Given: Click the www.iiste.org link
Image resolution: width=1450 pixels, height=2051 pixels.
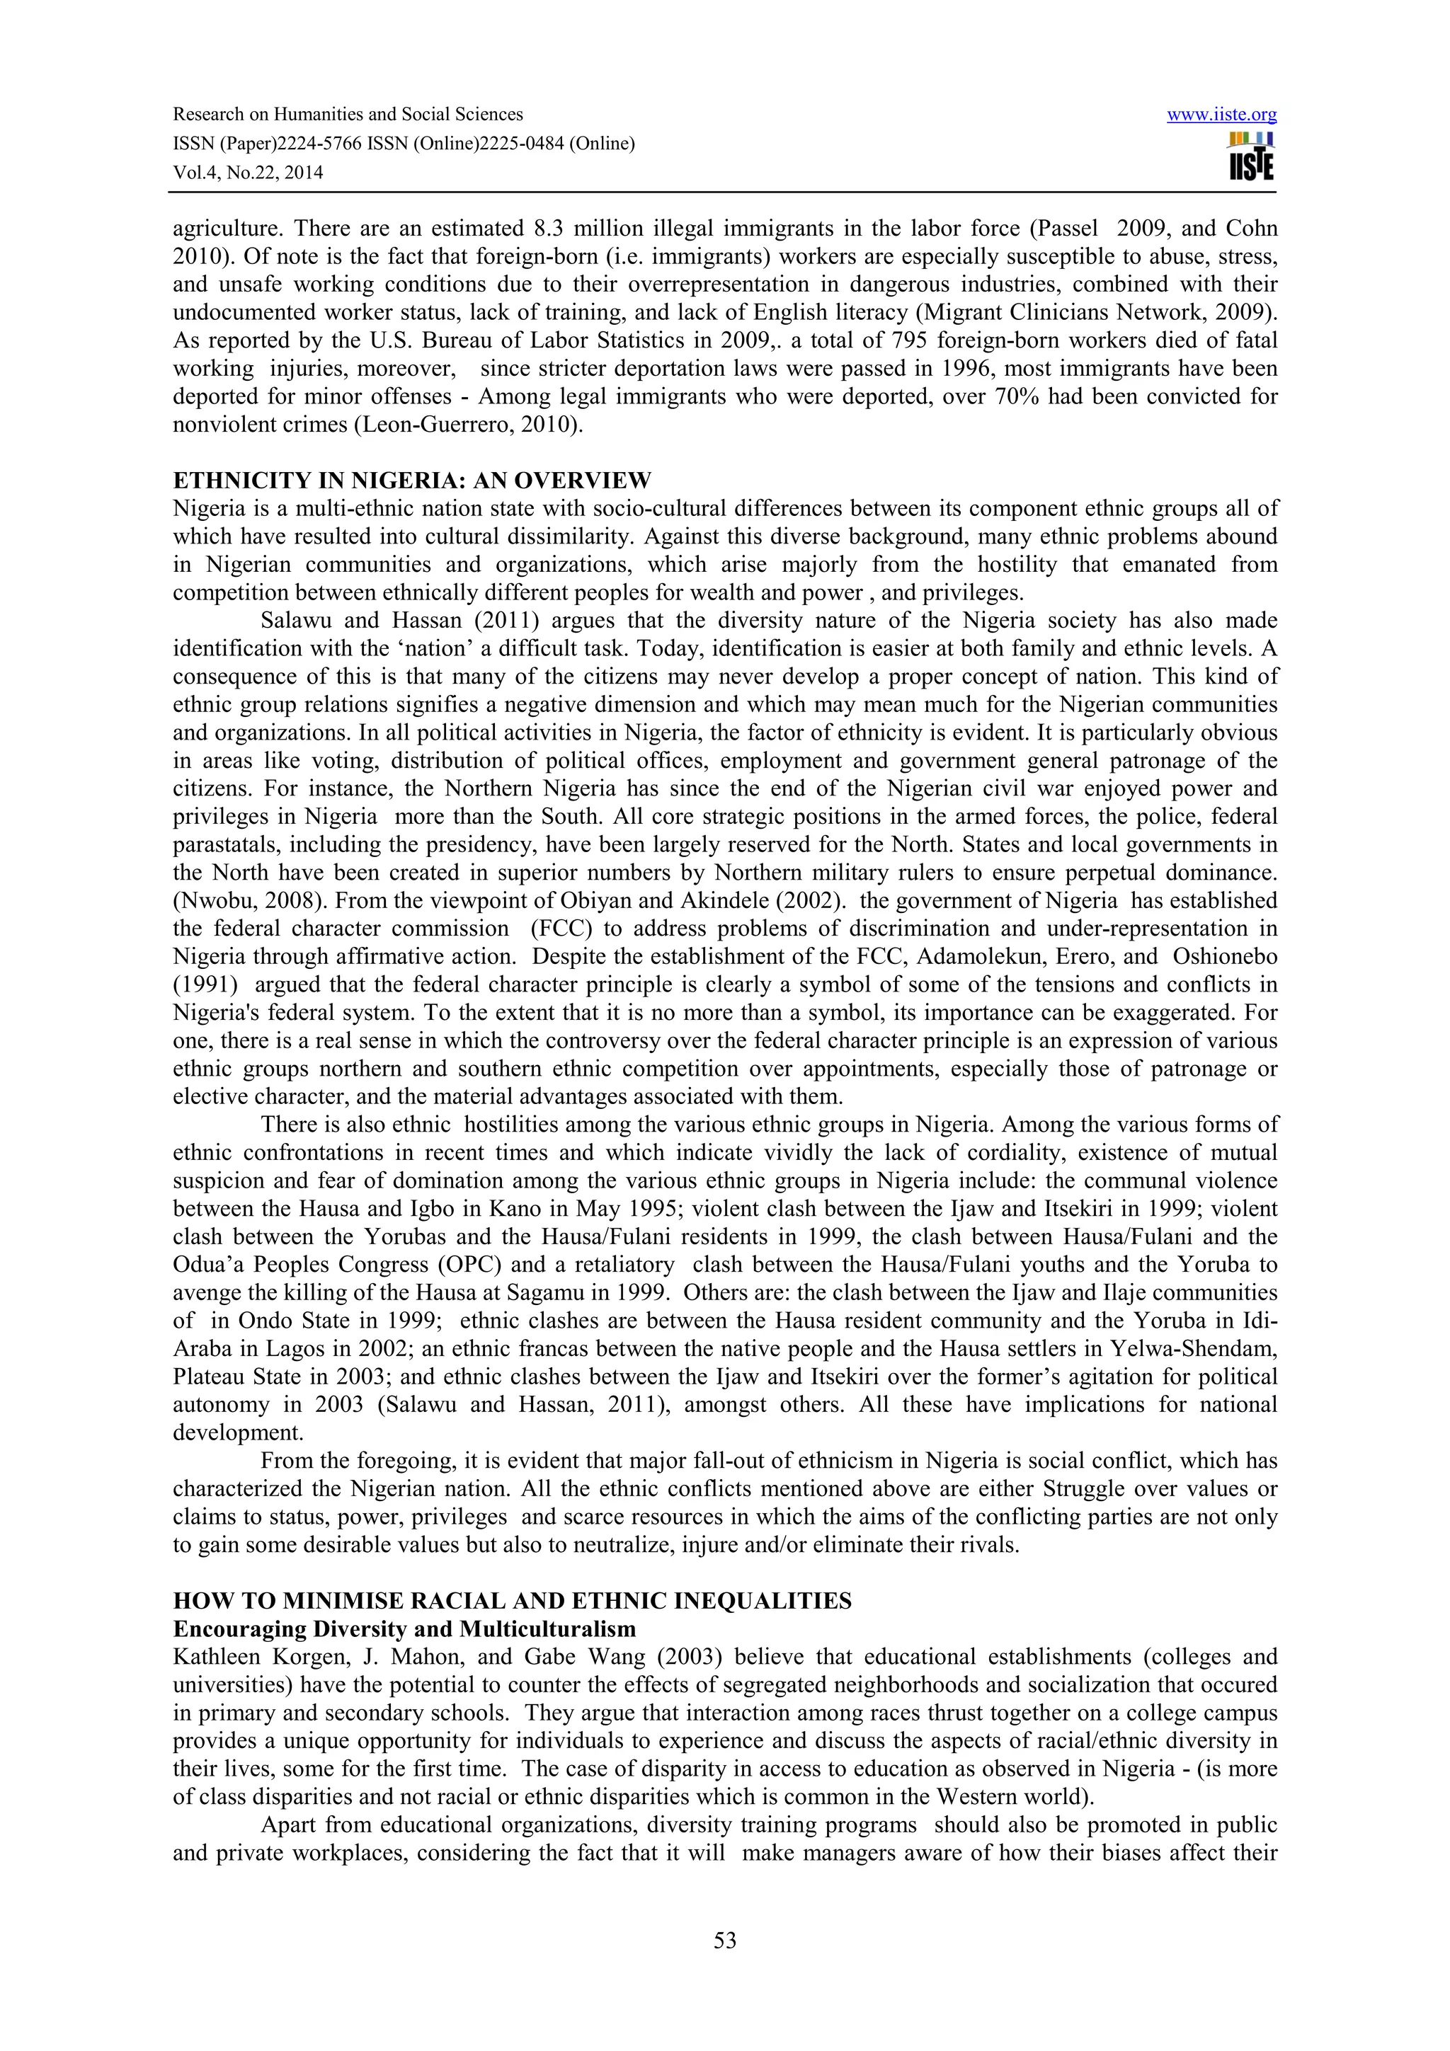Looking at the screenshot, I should (1221, 115).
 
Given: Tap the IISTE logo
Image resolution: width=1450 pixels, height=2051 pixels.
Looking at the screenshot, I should (1251, 157).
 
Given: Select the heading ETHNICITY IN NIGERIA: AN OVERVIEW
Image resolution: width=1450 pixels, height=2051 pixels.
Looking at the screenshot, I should (412, 481).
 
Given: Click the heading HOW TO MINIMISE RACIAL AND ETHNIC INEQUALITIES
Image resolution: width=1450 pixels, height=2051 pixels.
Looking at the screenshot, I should (512, 1601).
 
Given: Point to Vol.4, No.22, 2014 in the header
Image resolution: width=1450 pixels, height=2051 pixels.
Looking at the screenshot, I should (248, 173).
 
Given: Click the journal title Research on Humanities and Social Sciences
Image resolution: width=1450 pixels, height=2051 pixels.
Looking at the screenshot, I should (348, 115).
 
